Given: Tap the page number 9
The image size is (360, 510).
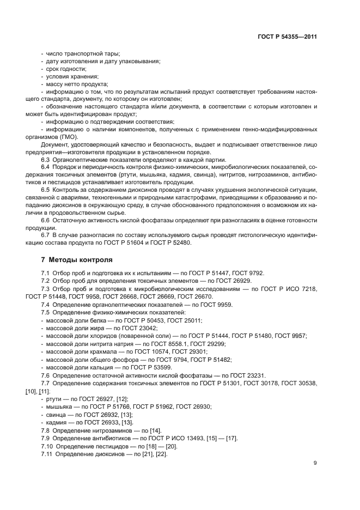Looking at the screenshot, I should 315,463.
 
